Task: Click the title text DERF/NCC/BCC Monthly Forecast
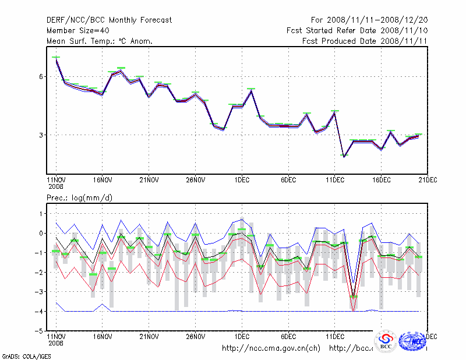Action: click(109, 20)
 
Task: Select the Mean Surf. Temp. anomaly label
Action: click(100, 41)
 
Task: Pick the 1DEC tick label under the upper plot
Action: click(242, 180)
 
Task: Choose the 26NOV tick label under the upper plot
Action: click(195, 180)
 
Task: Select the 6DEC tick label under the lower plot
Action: click(288, 337)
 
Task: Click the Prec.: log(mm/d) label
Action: click(80, 198)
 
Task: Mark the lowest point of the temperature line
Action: click(344, 157)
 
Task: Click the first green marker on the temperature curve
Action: click(56, 57)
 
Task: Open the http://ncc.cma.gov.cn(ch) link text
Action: click(271, 348)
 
